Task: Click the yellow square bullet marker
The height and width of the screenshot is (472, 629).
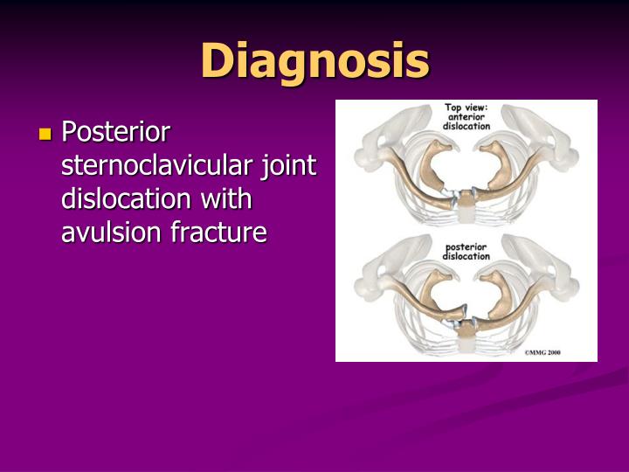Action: point(45,135)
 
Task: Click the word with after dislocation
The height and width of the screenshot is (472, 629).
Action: point(225,199)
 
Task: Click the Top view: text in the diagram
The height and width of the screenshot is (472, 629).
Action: point(467,108)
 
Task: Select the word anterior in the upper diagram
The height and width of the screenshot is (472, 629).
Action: point(467,117)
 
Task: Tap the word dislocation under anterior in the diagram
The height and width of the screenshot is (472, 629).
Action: point(467,126)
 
